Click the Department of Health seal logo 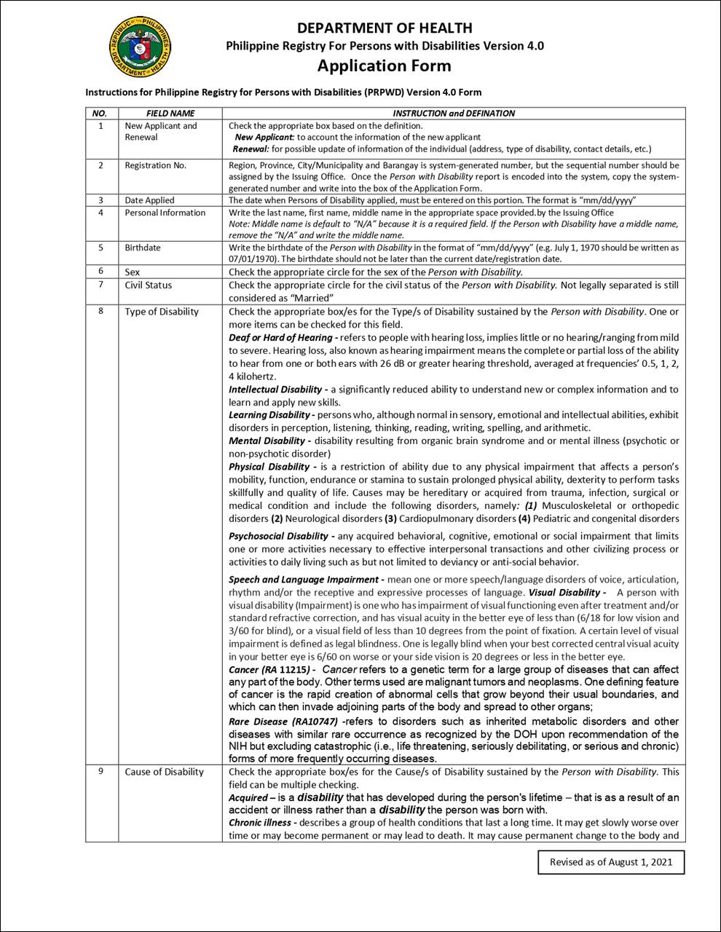[141, 47]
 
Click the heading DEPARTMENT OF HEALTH [385, 28]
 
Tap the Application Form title [384, 66]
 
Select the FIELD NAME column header [170, 114]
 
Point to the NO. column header [100, 114]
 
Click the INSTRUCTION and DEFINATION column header [453, 114]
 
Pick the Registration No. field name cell [155, 165]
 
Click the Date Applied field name [149, 200]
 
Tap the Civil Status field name [148, 285]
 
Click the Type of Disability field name [161, 312]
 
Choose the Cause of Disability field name [164, 772]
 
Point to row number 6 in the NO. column [101, 272]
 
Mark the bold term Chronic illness [261, 822]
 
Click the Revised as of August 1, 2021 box [610, 862]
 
